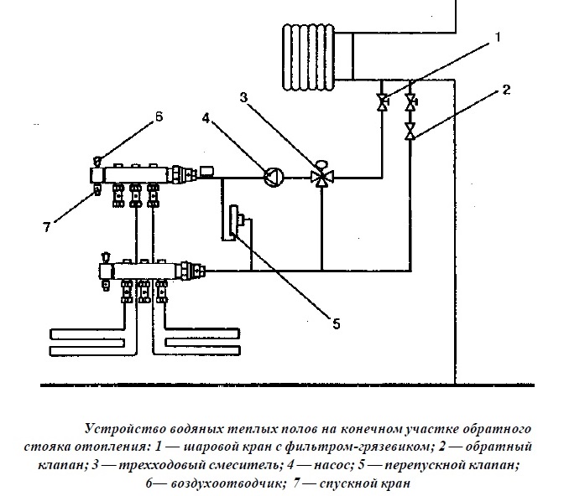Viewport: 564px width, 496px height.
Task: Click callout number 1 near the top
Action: tap(497, 37)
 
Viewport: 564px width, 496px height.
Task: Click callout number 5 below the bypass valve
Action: tap(336, 322)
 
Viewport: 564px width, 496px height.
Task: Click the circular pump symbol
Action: tap(273, 176)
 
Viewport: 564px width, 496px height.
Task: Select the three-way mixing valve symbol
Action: tap(320, 177)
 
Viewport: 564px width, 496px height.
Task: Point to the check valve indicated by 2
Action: tap(410, 132)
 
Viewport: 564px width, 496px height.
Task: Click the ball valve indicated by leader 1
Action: tap(382, 102)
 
